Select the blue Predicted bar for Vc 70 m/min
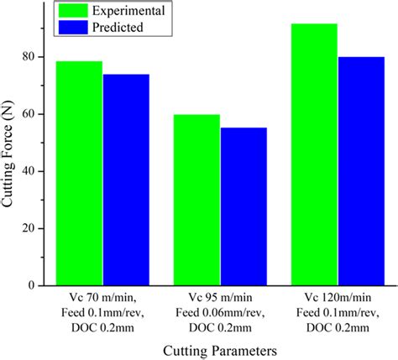[126, 180]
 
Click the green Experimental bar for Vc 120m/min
[314, 154]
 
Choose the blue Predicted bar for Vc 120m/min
[361, 171]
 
